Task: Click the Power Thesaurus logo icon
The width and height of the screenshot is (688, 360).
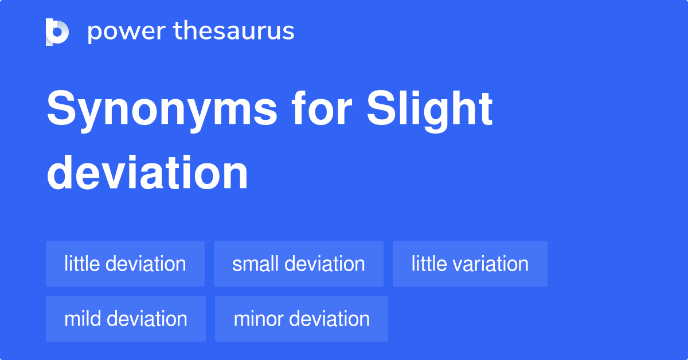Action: (57, 32)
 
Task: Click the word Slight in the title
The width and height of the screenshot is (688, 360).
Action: (430, 110)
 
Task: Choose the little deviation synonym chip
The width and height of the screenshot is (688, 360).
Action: (125, 264)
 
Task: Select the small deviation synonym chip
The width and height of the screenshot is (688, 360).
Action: (299, 264)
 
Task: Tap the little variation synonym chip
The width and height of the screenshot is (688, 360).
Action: (470, 264)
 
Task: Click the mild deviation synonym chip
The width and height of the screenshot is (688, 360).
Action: (126, 319)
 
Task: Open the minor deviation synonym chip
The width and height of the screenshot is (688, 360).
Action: (302, 319)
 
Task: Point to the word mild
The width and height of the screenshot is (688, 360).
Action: (83, 319)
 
